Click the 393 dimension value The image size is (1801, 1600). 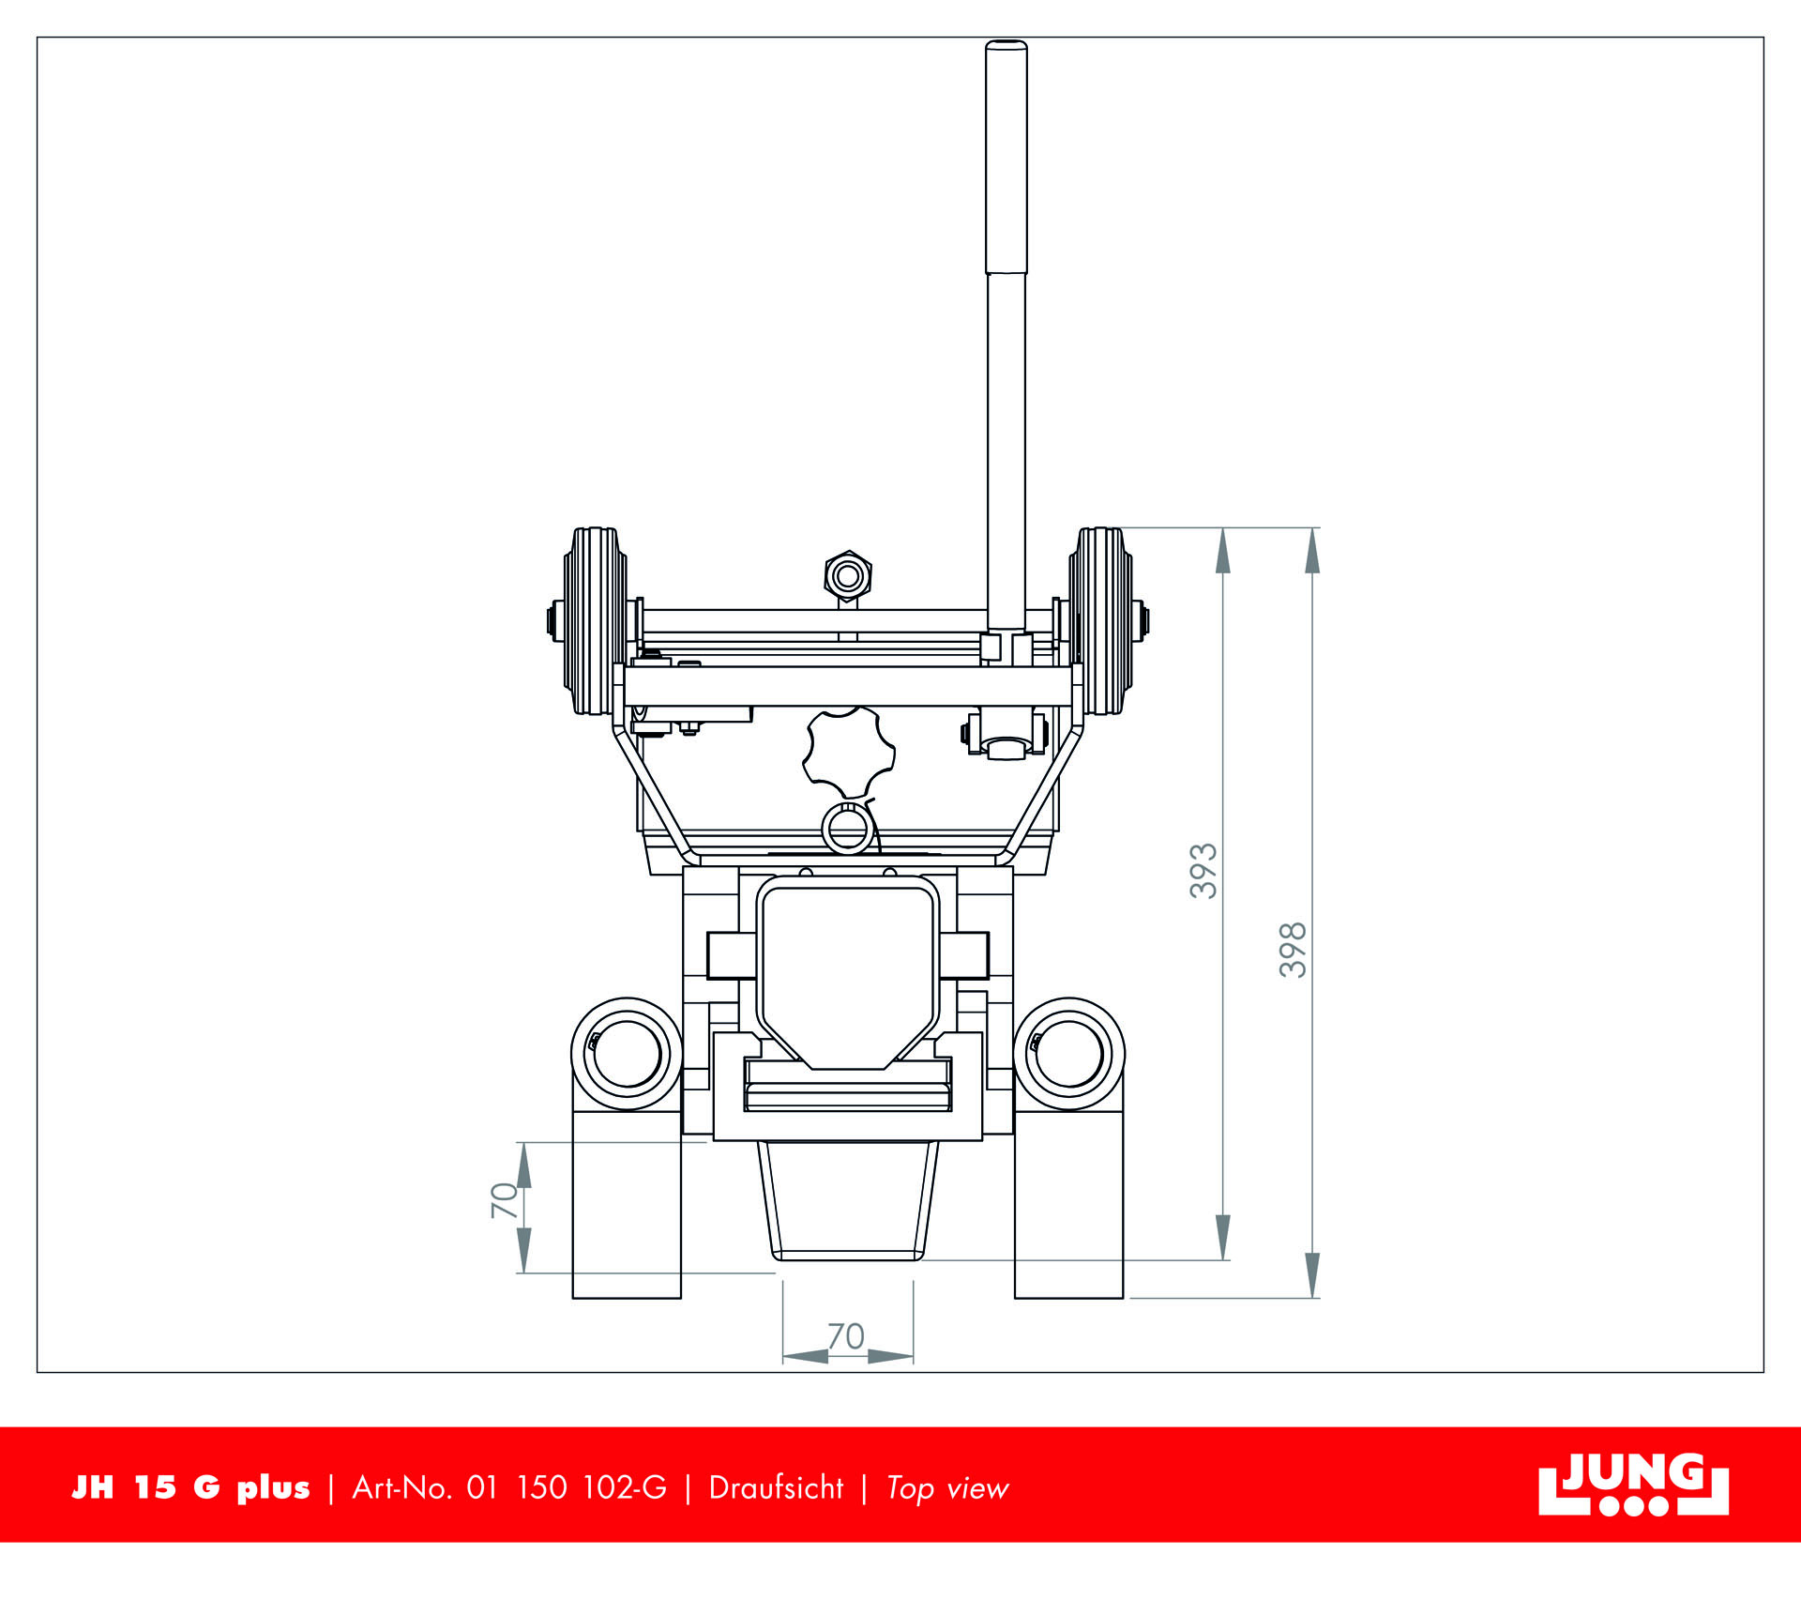(x=1203, y=870)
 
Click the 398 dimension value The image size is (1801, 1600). (x=1294, y=950)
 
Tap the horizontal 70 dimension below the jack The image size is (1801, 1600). (x=846, y=1336)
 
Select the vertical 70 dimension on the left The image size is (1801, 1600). (x=504, y=1200)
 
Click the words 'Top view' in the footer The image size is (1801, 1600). (x=947, y=1488)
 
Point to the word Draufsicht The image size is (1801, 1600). (x=776, y=1488)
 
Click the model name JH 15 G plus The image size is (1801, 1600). (x=190, y=1488)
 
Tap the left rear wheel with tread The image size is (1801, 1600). (x=595, y=620)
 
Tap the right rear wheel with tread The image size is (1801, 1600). (x=1100, y=620)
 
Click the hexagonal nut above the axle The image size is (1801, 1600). (x=848, y=575)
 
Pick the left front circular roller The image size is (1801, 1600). (x=627, y=1053)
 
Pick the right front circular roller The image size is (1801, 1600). (x=1069, y=1053)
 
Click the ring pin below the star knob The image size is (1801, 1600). (x=847, y=829)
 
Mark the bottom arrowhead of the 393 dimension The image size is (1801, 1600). (x=1223, y=1236)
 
